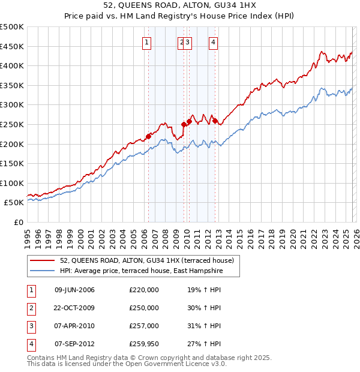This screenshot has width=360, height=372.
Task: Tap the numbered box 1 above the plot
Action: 147,42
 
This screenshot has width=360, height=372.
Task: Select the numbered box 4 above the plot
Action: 213,42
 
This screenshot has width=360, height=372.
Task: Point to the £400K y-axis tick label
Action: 12,65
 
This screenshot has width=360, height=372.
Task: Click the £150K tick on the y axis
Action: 12,163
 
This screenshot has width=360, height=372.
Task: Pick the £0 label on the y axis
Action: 19,222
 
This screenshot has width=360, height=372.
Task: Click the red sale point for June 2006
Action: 148,136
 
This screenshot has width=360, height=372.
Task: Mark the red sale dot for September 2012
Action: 214,121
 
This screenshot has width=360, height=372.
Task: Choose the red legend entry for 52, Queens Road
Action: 150,260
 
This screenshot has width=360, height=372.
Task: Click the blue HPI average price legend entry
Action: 141,271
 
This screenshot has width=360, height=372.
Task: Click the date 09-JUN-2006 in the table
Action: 74,290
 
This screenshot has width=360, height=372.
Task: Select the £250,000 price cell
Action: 144,308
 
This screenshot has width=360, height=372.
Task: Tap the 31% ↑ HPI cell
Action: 204,326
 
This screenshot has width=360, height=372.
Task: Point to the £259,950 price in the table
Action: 144,344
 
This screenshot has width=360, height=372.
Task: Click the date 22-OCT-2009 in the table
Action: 74,308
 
